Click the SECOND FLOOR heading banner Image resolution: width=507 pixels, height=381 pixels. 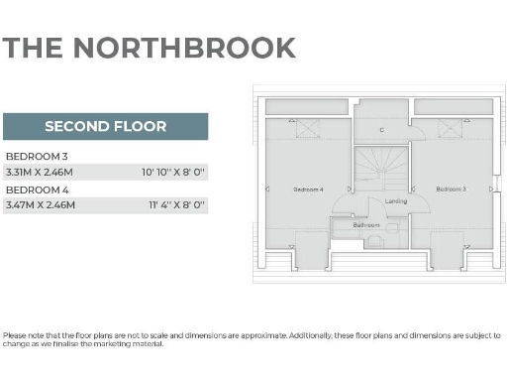105,126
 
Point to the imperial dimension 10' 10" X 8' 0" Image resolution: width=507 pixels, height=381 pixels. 173,171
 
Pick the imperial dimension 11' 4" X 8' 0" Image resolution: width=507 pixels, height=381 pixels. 175,204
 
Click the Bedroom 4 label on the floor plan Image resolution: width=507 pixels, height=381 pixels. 309,189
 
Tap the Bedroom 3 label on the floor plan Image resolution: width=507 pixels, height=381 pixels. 451,188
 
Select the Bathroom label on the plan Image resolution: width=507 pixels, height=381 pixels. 367,225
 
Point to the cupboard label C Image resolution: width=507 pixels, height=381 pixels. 382,130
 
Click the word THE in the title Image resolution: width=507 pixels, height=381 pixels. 33,48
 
